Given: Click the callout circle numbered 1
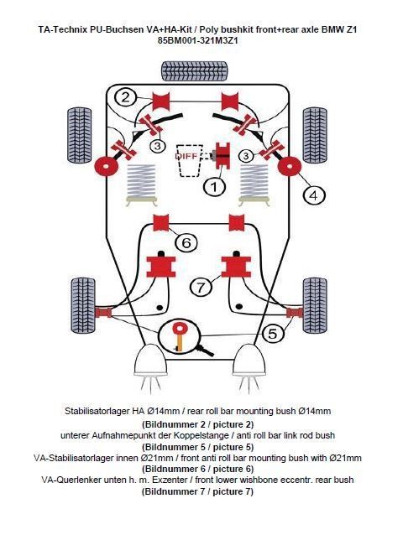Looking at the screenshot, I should click(216, 187).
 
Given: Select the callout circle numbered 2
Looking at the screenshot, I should click(125, 97).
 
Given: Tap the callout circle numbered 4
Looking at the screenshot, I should click(313, 195).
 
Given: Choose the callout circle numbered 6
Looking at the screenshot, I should click(186, 242).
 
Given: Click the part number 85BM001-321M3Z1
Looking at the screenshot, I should click(201, 39).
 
